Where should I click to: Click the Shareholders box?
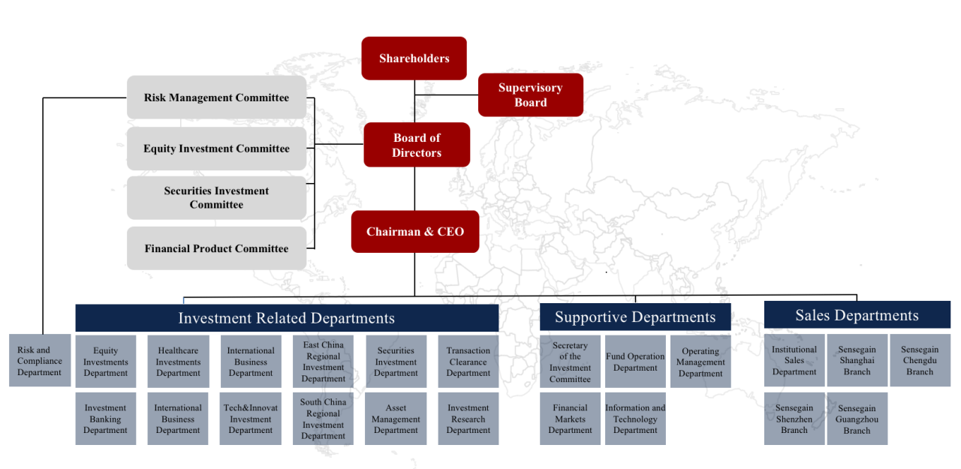click(414, 59)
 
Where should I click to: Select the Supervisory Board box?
click(531, 95)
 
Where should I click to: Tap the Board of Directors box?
click(417, 145)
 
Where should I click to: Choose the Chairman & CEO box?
click(415, 232)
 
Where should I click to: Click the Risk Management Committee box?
click(217, 98)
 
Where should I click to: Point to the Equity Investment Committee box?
click(217, 149)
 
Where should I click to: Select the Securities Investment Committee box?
click(217, 197)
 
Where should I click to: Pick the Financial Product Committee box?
click(217, 248)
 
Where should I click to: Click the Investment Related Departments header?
click(287, 317)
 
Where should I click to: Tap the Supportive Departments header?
click(635, 317)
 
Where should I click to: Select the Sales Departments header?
click(857, 315)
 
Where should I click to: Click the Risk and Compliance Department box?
click(40, 360)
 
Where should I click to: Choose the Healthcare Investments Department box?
click(179, 362)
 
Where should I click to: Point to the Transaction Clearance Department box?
click(468, 362)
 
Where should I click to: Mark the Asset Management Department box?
click(396, 419)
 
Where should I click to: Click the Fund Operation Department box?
click(635, 362)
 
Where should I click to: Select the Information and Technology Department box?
click(635, 419)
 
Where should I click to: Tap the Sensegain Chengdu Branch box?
click(920, 360)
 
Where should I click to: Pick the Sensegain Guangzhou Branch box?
click(857, 419)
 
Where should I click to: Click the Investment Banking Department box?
click(106, 419)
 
